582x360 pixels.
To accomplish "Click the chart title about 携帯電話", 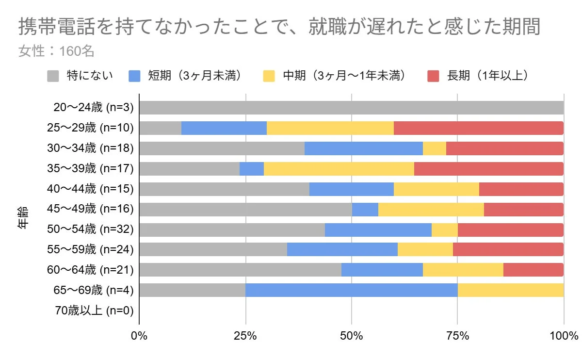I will [279, 28].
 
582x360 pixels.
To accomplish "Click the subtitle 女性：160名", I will [56, 50].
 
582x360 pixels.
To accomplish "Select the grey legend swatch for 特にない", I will [53, 76].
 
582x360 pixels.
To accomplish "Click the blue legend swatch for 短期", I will [134, 76].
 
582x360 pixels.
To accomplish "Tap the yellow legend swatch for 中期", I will [269, 76].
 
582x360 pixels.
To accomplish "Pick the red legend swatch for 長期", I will [433, 76].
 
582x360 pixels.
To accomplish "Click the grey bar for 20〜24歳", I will [351, 108].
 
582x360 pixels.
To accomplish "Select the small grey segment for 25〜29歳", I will [160, 128].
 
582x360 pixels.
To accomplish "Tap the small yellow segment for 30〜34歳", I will [434, 148].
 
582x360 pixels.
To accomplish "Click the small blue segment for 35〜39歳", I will [251, 169].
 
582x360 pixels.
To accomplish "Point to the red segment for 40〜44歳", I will [521, 189].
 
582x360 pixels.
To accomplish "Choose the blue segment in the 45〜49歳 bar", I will [365, 210].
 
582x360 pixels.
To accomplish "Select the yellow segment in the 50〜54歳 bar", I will [444, 230].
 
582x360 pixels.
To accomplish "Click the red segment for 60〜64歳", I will [533, 270].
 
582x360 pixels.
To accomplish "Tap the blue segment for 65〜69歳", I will [351, 290].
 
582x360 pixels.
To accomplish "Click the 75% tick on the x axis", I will [457, 336].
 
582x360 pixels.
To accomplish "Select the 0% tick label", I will [139, 336].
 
